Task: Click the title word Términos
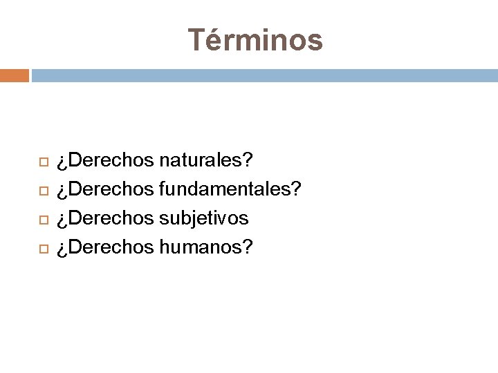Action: (x=255, y=40)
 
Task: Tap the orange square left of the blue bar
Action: (x=14, y=75)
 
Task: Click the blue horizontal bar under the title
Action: (x=264, y=75)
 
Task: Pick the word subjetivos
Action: (x=203, y=218)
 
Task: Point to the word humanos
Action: (x=201, y=247)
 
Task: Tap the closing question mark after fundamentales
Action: (x=297, y=189)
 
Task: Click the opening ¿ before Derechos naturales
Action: (x=62, y=163)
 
